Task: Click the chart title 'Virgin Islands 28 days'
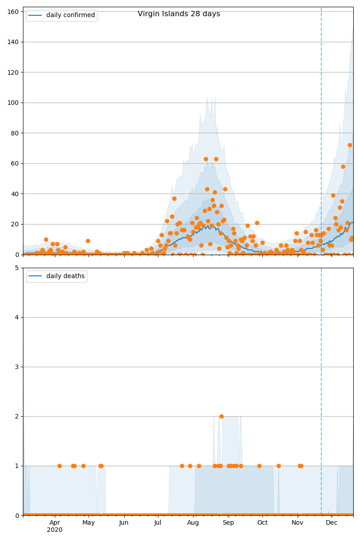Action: (x=179, y=14)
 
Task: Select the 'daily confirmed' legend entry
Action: (x=70, y=15)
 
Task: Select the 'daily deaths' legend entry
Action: (x=65, y=276)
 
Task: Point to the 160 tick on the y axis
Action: (x=15, y=12)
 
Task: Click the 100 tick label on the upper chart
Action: (x=15, y=103)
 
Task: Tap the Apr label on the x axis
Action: (x=54, y=522)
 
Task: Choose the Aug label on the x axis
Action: (x=193, y=522)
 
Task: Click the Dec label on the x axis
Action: (x=332, y=522)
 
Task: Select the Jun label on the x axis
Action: (x=124, y=522)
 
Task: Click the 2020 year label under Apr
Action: (x=54, y=530)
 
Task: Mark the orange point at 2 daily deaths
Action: (x=221, y=416)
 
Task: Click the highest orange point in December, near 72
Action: (x=350, y=145)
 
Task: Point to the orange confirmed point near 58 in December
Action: (x=343, y=166)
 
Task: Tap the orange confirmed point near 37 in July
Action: (x=174, y=198)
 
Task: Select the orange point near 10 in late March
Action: (x=46, y=239)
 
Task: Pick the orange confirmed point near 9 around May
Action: (x=88, y=241)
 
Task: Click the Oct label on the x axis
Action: (x=262, y=522)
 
